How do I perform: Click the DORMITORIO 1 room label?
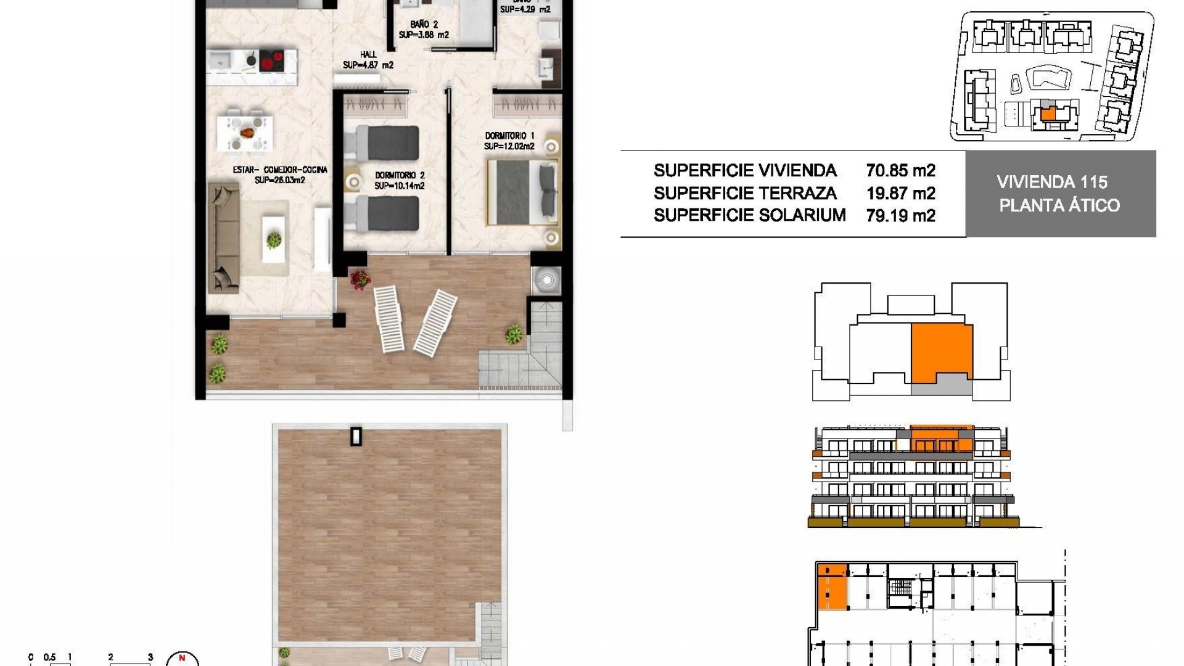(x=509, y=136)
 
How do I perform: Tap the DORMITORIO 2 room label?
(x=400, y=176)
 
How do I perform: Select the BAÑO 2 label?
(x=424, y=25)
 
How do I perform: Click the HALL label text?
(x=368, y=55)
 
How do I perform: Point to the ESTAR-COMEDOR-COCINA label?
(x=280, y=170)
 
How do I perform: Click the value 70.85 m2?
(x=900, y=171)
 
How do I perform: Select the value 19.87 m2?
(x=900, y=194)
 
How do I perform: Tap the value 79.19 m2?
(x=900, y=216)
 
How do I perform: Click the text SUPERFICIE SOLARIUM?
(x=749, y=215)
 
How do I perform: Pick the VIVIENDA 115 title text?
(x=1060, y=182)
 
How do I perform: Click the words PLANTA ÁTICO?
(x=1059, y=205)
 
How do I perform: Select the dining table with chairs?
(x=245, y=133)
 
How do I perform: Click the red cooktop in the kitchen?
(x=270, y=61)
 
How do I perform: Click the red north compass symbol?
(x=182, y=659)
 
